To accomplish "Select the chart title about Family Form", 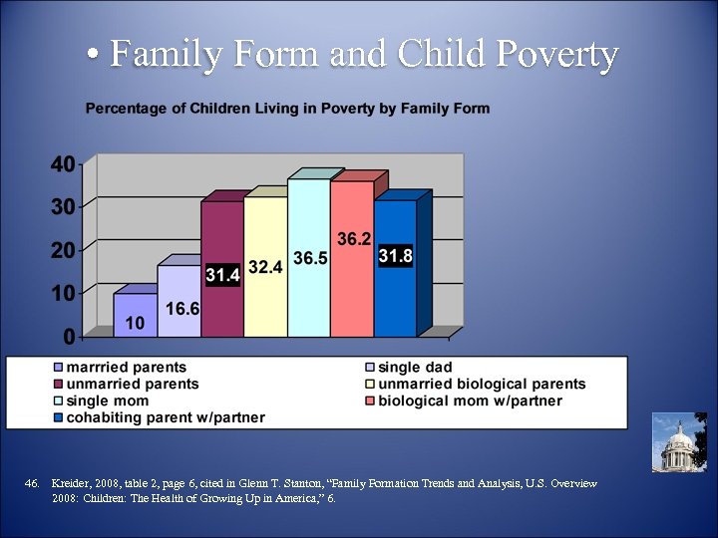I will [287, 108].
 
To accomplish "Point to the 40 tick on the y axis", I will [62, 164].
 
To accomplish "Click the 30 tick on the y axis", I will [62, 207].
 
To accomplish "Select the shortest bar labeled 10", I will [134, 314].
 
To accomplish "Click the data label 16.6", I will [182, 309].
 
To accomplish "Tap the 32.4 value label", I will [265, 268].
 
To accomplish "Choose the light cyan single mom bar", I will [308, 299].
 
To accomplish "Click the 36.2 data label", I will [354, 239].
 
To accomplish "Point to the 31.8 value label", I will [396, 256].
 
